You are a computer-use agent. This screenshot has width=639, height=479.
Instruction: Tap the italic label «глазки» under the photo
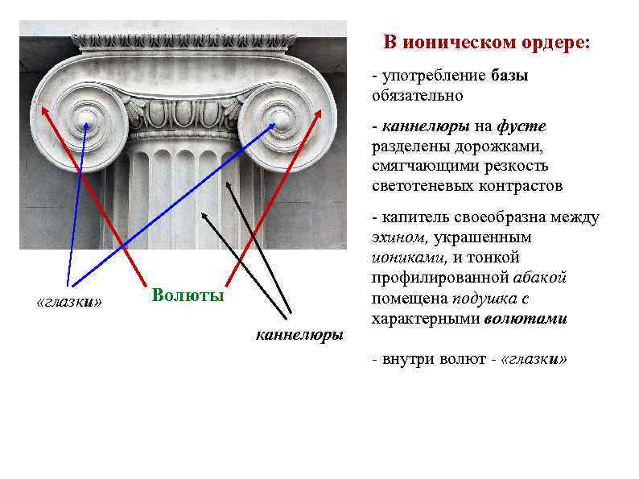click(70, 302)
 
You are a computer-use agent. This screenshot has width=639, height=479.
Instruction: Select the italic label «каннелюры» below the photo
click(299, 333)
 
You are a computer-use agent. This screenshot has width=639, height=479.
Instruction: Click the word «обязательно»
click(418, 96)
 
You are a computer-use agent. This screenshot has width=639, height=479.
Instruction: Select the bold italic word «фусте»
click(522, 126)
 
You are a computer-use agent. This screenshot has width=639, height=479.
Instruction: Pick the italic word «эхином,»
click(400, 237)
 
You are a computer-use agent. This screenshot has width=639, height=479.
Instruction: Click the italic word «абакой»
click(540, 278)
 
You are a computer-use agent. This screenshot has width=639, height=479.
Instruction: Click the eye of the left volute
click(85, 124)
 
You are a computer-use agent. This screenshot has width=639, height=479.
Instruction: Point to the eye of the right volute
click(279, 123)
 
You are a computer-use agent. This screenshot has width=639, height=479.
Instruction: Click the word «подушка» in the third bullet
click(484, 298)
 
